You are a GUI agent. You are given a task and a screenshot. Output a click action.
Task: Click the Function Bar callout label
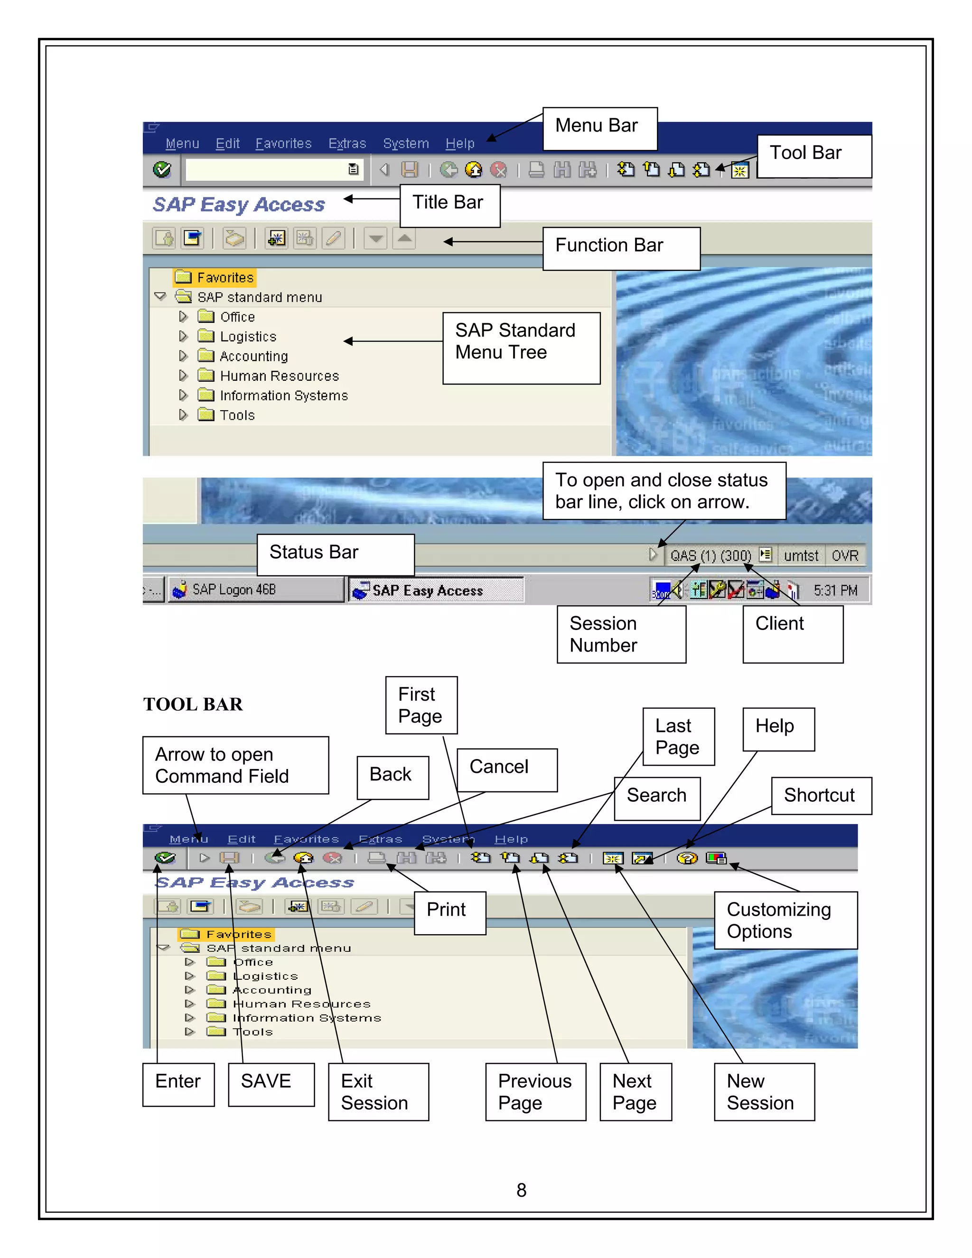(x=621, y=248)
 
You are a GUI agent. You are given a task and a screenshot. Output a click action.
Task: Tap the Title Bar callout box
(x=450, y=205)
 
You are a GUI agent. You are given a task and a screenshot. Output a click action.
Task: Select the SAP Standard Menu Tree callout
(x=521, y=347)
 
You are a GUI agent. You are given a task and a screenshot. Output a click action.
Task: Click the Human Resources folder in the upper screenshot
(x=279, y=376)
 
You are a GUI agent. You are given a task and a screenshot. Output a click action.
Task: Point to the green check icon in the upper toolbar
(x=162, y=169)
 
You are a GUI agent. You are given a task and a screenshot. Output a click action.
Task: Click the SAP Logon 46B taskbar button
(x=254, y=589)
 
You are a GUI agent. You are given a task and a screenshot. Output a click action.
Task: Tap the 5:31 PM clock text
(x=835, y=591)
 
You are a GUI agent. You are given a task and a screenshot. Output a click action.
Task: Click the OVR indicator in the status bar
(x=844, y=556)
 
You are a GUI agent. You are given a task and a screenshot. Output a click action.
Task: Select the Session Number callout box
(x=621, y=634)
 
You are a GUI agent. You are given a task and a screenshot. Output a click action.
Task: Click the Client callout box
(x=792, y=634)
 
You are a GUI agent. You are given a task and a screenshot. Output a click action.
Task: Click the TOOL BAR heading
(x=193, y=704)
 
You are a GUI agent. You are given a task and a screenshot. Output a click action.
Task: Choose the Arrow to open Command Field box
(x=235, y=765)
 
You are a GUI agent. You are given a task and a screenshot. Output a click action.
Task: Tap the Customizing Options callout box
(x=785, y=920)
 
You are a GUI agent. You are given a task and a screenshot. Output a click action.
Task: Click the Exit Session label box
(x=378, y=1091)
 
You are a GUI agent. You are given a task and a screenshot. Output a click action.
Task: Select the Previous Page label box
(x=535, y=1091)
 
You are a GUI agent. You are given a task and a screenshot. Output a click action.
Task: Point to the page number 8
(x=521, y=1190)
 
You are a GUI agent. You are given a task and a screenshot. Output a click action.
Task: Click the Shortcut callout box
(x=821, y=796)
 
